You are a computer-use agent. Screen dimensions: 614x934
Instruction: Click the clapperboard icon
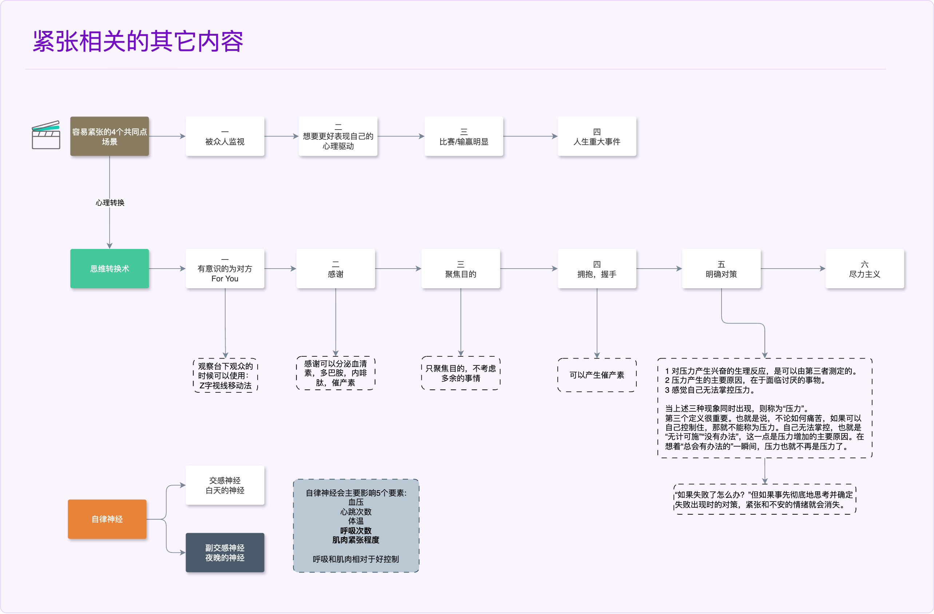(x=46, y=135)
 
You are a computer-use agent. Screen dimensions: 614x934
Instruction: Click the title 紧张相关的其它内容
(x=138, y=41)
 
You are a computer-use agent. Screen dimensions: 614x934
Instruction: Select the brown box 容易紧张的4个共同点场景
(x=110, y=136)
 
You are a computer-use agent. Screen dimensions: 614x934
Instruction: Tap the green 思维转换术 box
(x=110, y=269)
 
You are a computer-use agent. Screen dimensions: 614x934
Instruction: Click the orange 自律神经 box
(x=107, y=519)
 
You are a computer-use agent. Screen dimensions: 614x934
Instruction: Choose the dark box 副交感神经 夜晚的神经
(x=225, y=552)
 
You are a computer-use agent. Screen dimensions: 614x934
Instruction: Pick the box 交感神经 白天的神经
(x=225, y=485)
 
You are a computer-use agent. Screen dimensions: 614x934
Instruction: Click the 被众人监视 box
(x=225, y=136)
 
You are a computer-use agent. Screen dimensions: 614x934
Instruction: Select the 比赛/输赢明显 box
(x=464, y=136)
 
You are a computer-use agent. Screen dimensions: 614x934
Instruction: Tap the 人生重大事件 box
(x=596, y=136)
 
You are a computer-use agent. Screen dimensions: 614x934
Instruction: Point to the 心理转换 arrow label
(x=110, y=203)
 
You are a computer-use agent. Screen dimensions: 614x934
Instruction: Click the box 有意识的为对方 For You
(x=225, y=269)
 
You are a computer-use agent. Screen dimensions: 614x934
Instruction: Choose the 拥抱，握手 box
(x=596, y=269)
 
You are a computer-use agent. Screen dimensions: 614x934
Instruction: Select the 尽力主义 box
(x=865, y=269)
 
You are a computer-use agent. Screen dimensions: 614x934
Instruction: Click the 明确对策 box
(x=721, y=269)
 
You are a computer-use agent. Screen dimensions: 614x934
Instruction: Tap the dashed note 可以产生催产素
(x=596, y=375)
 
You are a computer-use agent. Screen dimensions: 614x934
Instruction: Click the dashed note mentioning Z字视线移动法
(x=225, y=376)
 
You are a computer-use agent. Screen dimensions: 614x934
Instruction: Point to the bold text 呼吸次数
(x=355, y=530)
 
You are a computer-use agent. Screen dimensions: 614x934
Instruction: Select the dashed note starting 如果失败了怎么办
(x=764, y=499)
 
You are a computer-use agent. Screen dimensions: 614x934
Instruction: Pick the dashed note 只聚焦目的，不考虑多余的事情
(x=461, y=373)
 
